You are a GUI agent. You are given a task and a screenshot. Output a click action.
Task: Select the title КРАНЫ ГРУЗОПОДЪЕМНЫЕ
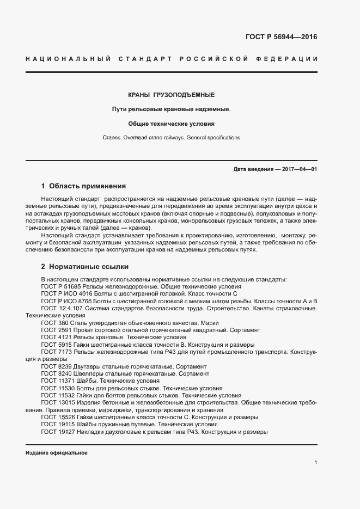[171, 94]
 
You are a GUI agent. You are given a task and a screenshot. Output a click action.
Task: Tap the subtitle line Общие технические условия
[171, 124]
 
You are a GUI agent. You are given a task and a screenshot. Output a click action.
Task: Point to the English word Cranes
[113, 138]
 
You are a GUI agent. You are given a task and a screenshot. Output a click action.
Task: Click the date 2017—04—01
[300, 169]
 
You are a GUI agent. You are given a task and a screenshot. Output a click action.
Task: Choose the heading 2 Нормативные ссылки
[85, 267]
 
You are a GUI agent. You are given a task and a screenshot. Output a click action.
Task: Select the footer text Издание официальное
[56, 453]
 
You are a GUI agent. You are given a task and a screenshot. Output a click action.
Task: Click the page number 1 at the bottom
[315, 462]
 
